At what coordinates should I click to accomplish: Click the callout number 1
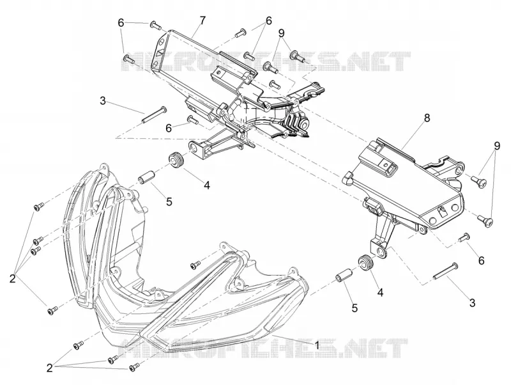click(x=316, y=345)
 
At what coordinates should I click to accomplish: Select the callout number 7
click(x=202, y=20)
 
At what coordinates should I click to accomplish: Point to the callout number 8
click(x=427, y=118)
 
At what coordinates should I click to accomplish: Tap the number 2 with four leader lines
click(x=12, y=279)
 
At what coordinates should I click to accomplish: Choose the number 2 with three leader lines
click(x=50, y=368)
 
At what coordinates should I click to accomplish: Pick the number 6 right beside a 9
click(x=268, y=20)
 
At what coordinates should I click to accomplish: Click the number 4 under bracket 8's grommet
click(x=380, y=292)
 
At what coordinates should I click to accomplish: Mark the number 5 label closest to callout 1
click(x=355, y=308)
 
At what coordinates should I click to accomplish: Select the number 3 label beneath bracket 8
click(x=473, y=302)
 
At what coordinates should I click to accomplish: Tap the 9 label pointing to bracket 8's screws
click(x=497, y=146)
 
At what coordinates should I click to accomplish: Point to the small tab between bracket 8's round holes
click(x=441, y=212)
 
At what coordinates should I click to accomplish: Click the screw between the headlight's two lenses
click(x=195, y=265)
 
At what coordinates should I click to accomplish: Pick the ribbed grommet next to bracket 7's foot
click(x=176, y=160)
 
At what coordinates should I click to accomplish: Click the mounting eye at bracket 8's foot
click(x=380, y=251)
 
